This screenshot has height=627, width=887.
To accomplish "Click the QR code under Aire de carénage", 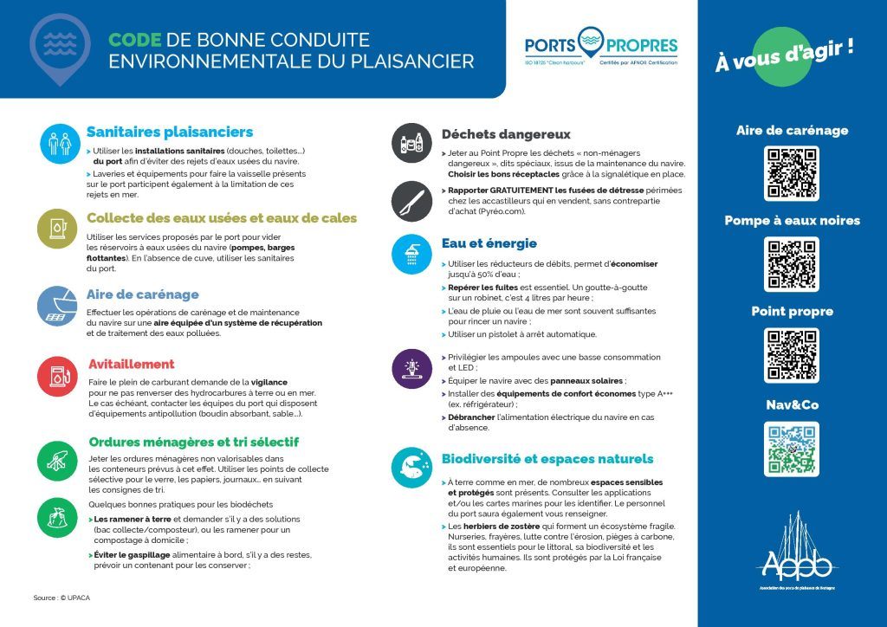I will point(792,174).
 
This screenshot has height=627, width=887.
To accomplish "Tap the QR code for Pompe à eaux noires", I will point(792,264).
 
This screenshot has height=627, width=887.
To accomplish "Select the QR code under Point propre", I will point(792,355).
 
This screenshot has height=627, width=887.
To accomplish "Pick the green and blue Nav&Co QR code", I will point(792,449).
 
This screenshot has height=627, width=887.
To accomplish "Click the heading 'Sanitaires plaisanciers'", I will point(170,132).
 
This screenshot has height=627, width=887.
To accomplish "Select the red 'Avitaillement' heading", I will point(132,364).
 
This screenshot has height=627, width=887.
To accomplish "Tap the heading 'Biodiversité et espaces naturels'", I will point(547,459).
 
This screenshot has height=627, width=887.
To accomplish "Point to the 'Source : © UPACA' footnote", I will point(62,598).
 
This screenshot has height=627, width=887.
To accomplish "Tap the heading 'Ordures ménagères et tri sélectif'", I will point(194,442).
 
